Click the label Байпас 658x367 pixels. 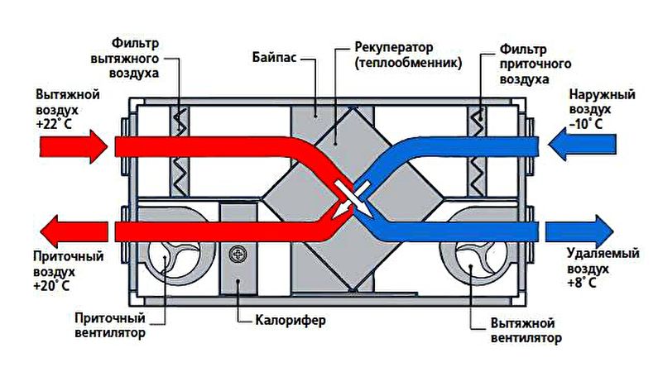point(275,56)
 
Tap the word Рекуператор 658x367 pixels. point(394,47)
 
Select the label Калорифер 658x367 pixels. point(291,321)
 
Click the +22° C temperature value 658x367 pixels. point(54,125)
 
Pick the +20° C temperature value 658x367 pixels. point(51,286)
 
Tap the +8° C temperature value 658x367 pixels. point(582,283)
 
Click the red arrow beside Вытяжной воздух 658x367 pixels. point(74,146)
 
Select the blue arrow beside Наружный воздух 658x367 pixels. point(582,145)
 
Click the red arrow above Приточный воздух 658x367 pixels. point(74,231)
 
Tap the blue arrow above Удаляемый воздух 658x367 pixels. point(579,231)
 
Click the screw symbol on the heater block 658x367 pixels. point(238,255)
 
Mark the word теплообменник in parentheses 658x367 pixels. point(408,64)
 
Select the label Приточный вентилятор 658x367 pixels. point(110,326)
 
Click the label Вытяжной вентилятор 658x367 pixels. point(526,330)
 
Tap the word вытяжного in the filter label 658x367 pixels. point(125,58)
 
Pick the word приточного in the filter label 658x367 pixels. point(536,64)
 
